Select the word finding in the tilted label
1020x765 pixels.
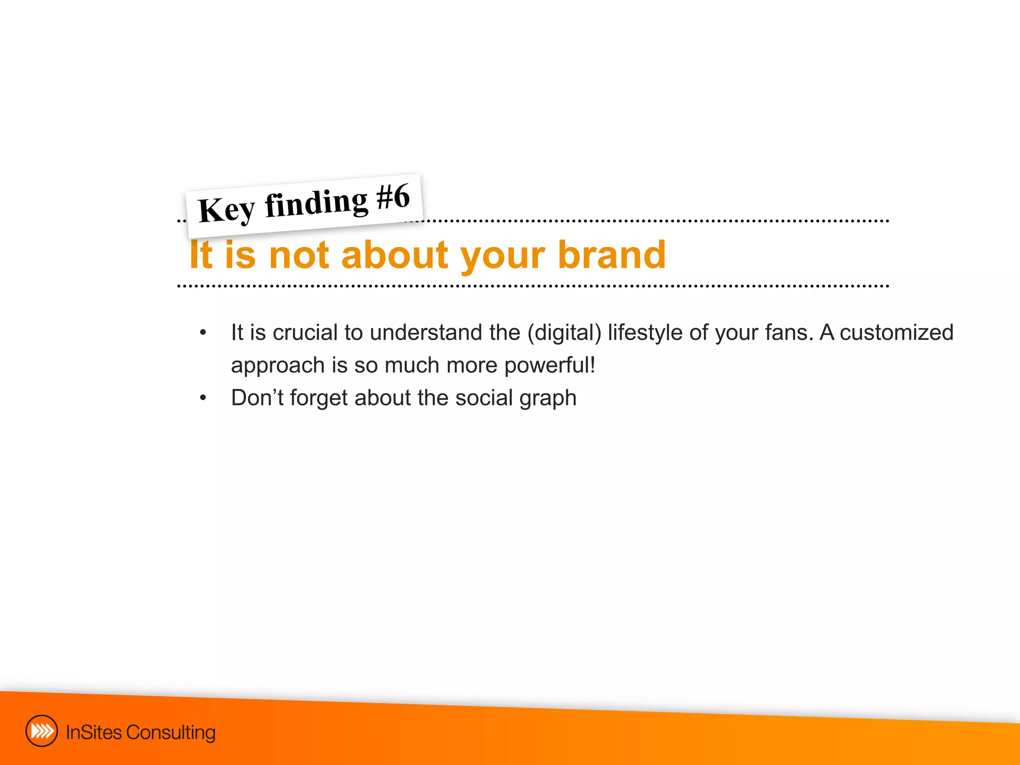[x=316, y=203]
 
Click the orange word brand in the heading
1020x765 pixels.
[x=612, y=255]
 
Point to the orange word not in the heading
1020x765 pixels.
[x=299, y=255]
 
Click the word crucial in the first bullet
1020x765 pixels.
[x=305, y=332]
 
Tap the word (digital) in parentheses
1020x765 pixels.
[x=564, y=333]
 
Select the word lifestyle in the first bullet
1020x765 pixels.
[x=645, y=333]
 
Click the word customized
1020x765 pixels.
[x=896, y=332]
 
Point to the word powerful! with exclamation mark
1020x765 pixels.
[x=550, y=366]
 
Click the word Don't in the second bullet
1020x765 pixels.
[x=257, y=397]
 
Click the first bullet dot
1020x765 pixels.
[x=203, y=333]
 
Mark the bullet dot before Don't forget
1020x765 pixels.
[x=203, y=398]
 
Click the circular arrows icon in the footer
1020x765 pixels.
[x=41, y=731]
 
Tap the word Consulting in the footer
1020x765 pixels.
[x=171, y=733]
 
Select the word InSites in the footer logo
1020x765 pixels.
[x=94, y=732]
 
